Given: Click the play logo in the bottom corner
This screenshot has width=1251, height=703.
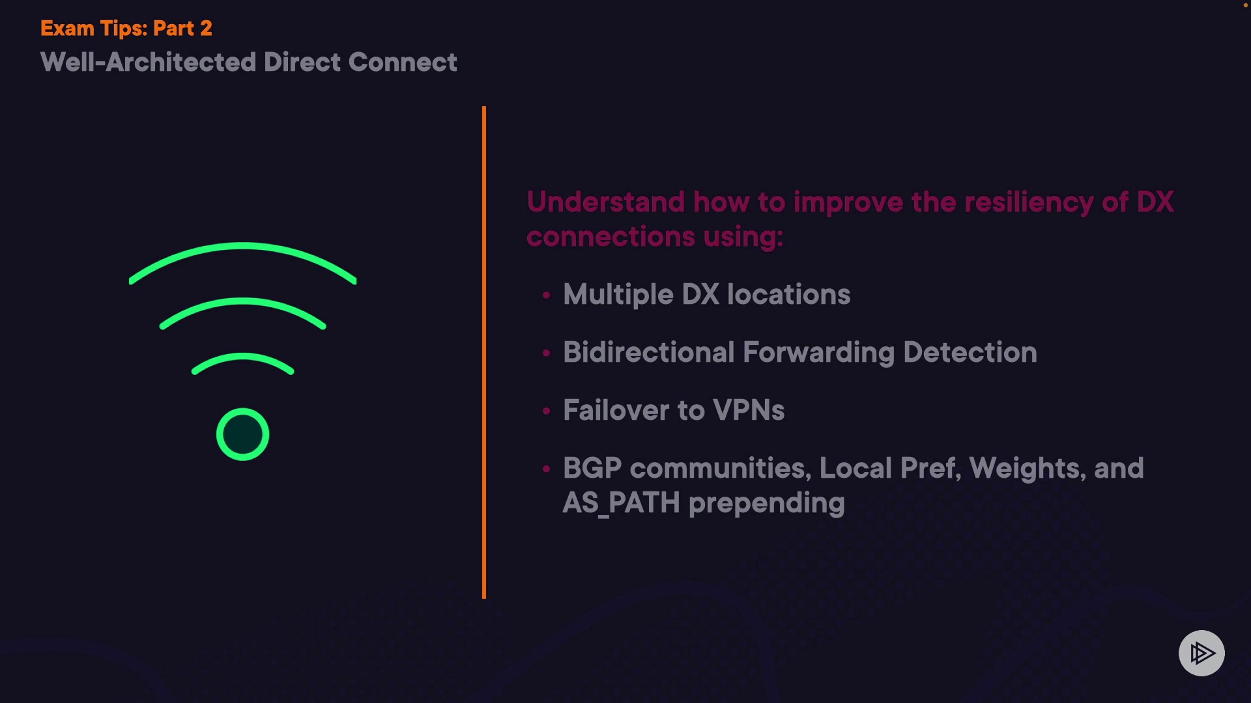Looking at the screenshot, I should point(1201,653).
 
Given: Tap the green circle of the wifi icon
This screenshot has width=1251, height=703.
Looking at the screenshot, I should point(242,434).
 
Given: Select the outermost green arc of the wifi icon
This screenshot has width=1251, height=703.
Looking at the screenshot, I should point(242,247).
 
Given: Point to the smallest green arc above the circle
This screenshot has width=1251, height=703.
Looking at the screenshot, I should point(242,357).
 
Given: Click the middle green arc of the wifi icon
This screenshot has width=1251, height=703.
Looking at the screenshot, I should point(242,302).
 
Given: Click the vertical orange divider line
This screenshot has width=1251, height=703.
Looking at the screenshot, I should point(484,351).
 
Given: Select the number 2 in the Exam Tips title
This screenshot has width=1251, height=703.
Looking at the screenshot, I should point(206,29).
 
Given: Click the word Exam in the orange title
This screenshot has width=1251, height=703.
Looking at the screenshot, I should point(67,29).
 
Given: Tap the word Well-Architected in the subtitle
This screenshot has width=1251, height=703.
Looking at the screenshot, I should point(149,62).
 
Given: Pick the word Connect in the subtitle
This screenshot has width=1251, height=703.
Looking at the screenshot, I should point(403,62).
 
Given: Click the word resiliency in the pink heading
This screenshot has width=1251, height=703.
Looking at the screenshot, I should point(1029,202).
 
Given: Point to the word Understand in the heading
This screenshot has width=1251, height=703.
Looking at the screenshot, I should point(605,202).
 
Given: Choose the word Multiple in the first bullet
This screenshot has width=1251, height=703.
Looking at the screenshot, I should point(618,295).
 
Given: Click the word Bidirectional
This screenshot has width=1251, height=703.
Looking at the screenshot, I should point(649,352).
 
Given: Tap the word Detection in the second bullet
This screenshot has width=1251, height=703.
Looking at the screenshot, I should point(970,352).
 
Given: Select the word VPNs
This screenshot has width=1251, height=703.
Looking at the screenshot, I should point(749,411).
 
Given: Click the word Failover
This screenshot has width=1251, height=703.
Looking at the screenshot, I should point(616,411).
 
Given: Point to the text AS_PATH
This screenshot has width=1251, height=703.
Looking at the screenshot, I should point(621,503).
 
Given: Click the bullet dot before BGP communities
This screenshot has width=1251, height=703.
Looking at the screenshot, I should point(547,468).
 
